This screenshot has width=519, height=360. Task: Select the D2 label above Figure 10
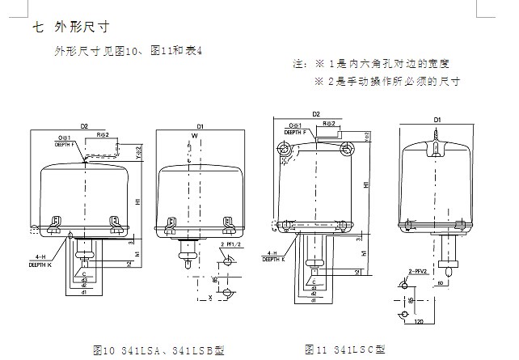tap(84, 126)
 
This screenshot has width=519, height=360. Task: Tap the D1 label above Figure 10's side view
tap(200, 126)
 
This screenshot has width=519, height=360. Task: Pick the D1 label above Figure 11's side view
tap(437, 120)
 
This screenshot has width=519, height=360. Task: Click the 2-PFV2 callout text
tap(418, 272)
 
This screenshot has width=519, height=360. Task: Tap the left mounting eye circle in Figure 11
tap(283, 149)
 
